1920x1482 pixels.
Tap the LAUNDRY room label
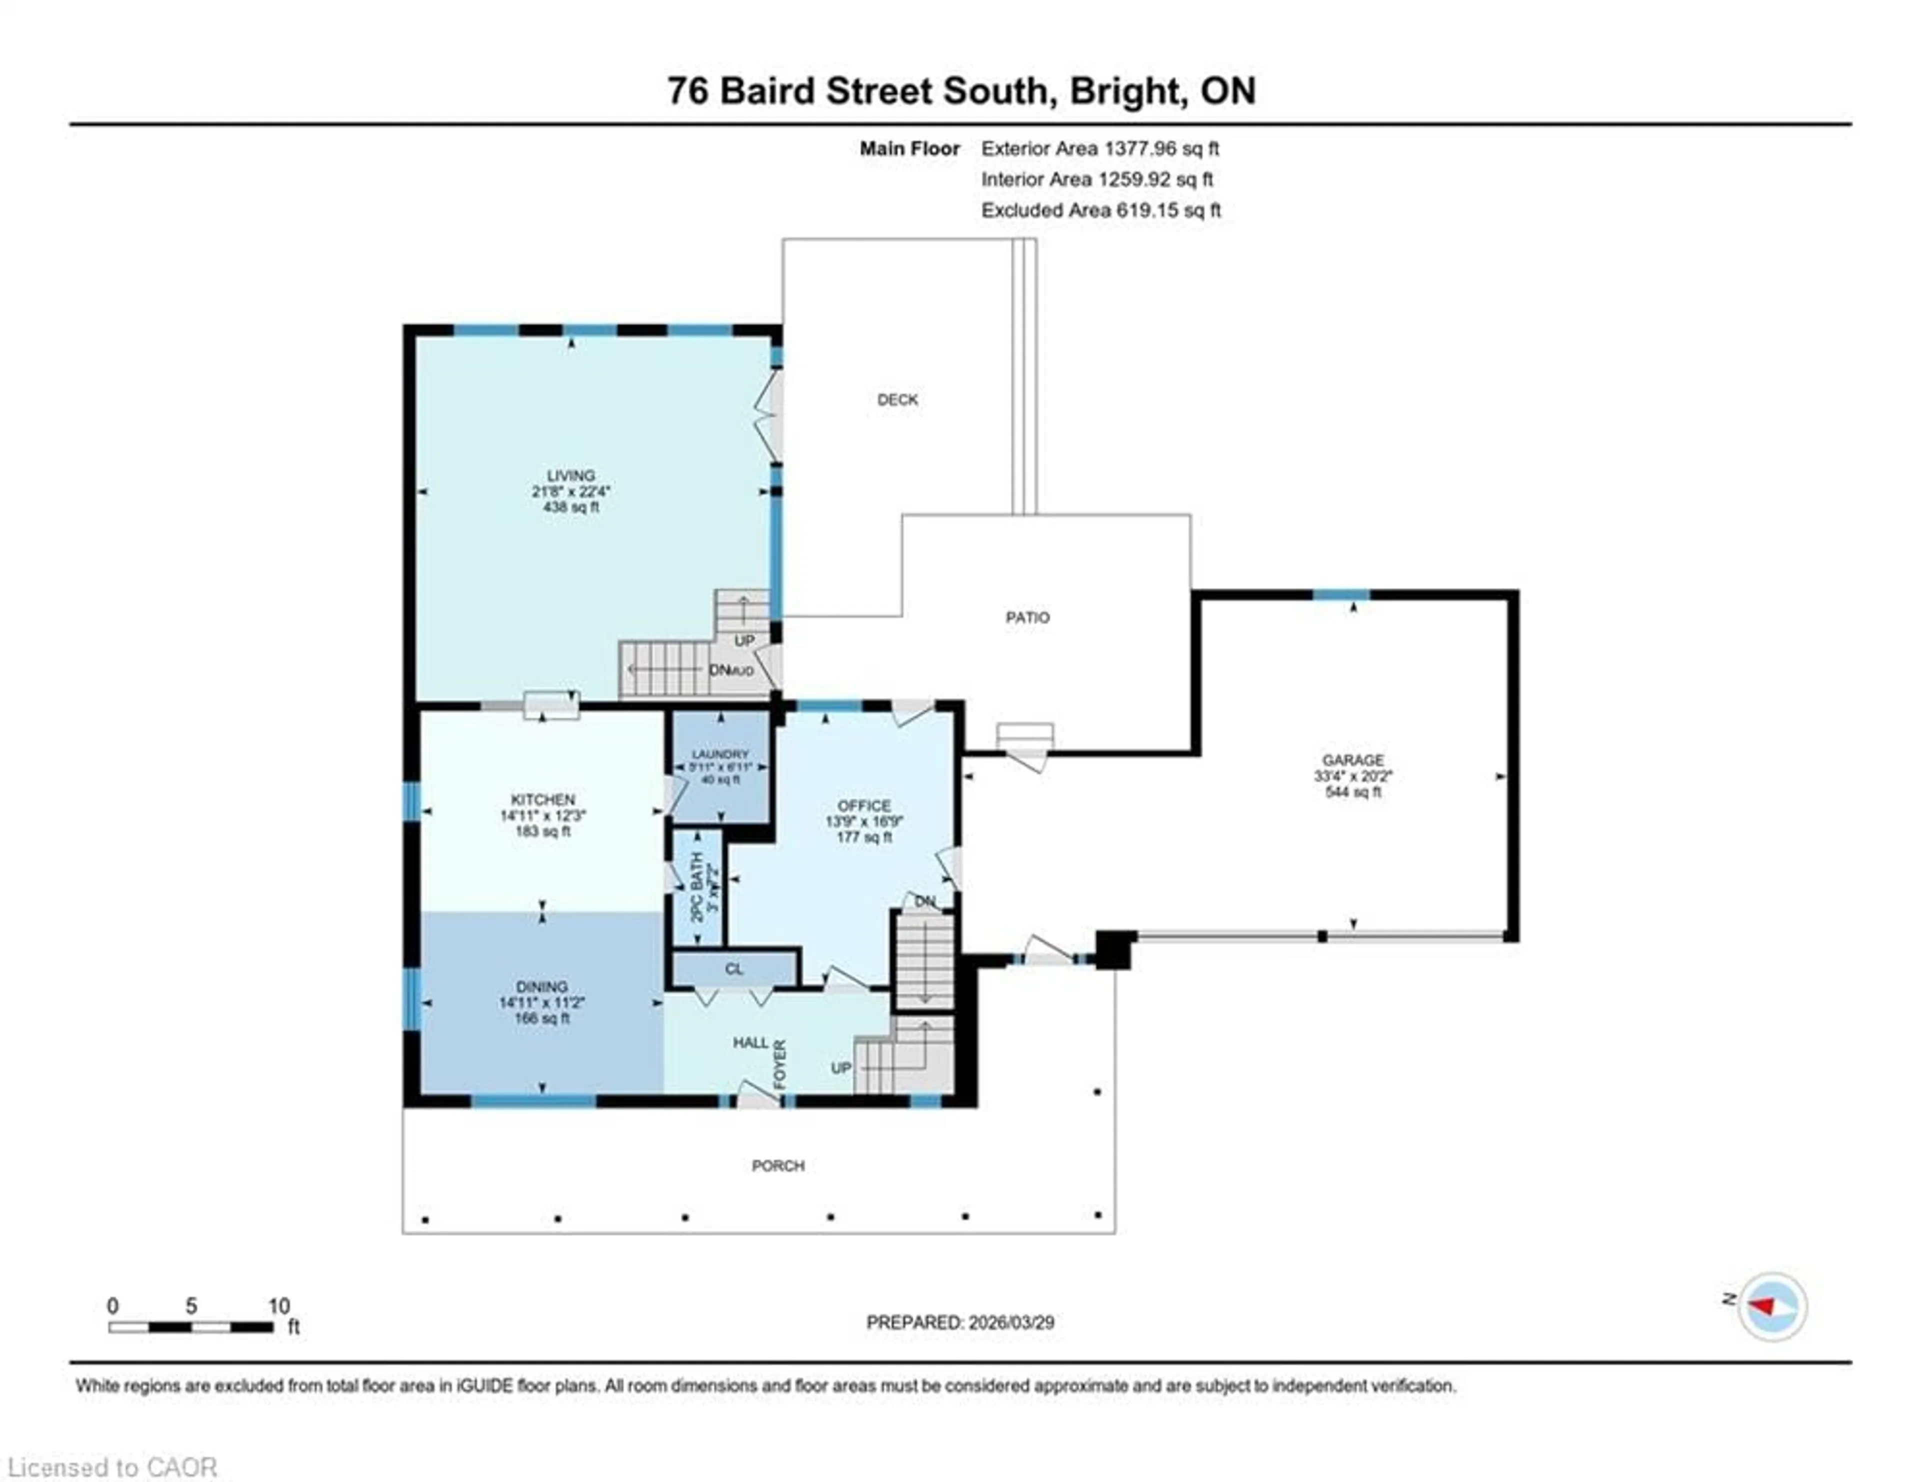click(x=720, y=754)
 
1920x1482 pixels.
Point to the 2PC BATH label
click(x=697, y=888)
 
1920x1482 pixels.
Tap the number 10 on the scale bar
click(x=278, y=1306)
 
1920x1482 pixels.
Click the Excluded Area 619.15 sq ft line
click(x=1100, y=210)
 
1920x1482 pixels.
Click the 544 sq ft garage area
click(x=1353, y=792)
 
